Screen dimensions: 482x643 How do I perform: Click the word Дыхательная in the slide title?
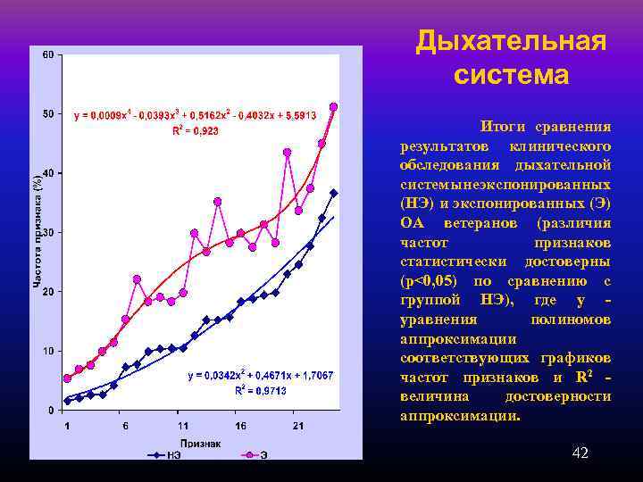(x=511, y=41)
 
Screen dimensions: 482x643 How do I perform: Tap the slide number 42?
(x=580, y=454)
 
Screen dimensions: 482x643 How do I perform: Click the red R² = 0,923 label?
(x=196, y=130)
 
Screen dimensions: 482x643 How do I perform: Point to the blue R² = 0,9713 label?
(x=259, y=390)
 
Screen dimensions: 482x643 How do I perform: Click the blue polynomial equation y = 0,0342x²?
(x=260, y=376)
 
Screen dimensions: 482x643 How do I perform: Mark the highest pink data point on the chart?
(x=333, y=106)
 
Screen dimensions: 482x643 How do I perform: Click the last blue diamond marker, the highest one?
(x=333, y=193)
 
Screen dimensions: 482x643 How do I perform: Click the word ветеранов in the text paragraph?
(x=505, y=222)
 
